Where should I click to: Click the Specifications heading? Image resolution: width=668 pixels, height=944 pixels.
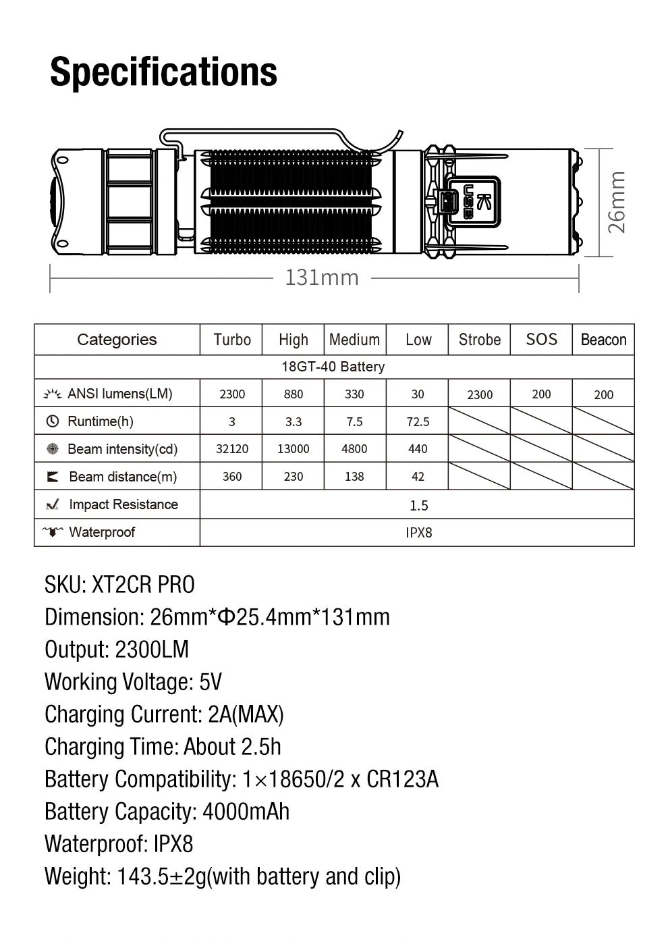(x=163, y=72)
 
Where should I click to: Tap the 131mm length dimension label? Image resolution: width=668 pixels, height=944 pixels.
(x=322, y=278)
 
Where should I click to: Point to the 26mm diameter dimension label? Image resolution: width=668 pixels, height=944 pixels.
(x=617, y=202)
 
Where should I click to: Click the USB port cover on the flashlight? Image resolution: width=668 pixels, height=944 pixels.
(x=472, y=201)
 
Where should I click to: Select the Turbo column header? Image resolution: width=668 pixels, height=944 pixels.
(x=231, y=340)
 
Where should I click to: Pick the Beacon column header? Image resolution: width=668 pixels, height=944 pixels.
(x=603, y=340)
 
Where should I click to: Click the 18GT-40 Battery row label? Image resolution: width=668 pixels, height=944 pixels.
(x=333, y=367)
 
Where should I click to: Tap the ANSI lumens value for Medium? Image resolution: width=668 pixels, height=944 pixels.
(x=354, y=394)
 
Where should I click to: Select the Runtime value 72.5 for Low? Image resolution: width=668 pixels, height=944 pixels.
(x=418, y=422)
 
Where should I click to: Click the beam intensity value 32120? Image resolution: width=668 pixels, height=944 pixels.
(x=231, y=449)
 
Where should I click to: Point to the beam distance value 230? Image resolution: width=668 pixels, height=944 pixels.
(x=294, y=477)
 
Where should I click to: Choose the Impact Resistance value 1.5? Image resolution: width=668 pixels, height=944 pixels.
(x=418, y=505)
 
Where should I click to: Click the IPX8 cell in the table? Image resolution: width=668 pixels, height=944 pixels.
(x=418, y=533)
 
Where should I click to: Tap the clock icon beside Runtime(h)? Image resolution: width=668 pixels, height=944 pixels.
(x=53, y=421)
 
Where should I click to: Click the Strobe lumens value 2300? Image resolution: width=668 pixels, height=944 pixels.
(x=480, y=395)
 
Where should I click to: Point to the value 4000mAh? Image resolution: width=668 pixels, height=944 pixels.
(x=246, y=812)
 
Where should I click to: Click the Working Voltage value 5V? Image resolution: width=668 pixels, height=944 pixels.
(x=211, y=682)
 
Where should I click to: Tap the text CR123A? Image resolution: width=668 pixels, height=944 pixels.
(x=403, y=779)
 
